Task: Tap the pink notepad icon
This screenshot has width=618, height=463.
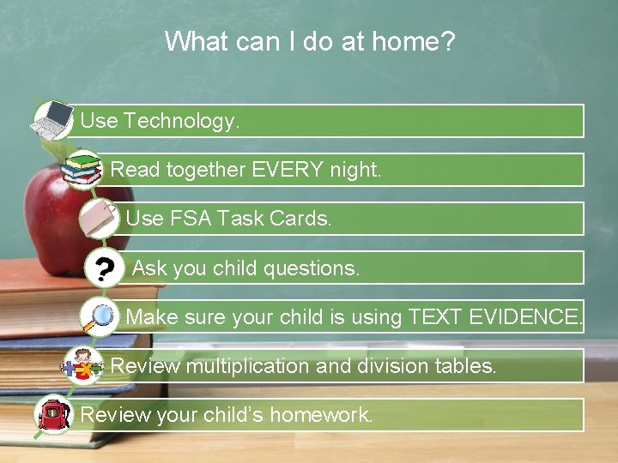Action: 100,219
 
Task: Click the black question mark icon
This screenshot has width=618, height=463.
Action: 104,269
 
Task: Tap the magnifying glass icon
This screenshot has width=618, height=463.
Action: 100,318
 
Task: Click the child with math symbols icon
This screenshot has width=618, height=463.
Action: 83,366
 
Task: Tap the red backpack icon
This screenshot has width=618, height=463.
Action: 52,415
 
